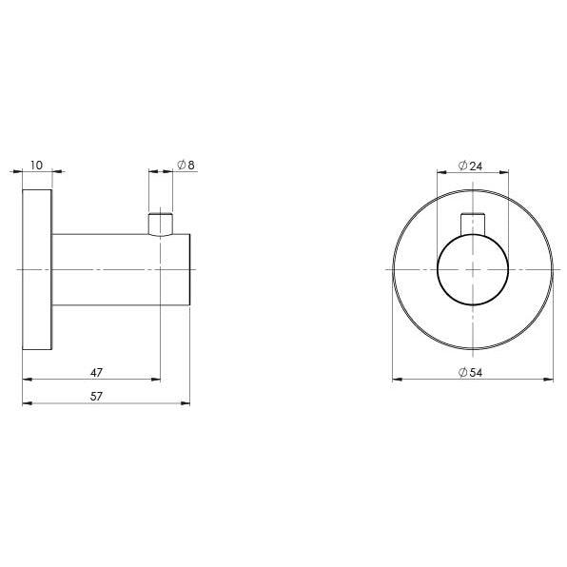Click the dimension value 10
[x=36, y=165]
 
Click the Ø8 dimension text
[x=186, y=165]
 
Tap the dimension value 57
[x=96, y=395]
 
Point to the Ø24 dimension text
[x=471, y=166]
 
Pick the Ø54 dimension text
[x=471, y=373]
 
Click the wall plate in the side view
[x=36, y=270]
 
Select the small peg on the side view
[x=161, y=223]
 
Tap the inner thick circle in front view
[x=472, y=270]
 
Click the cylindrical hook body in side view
[x=114, y=270]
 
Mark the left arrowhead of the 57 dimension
[x=26, y=402]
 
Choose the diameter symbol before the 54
[x=461, y=373]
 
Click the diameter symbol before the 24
[x=461, y=166]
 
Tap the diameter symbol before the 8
[x=181, y=165]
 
